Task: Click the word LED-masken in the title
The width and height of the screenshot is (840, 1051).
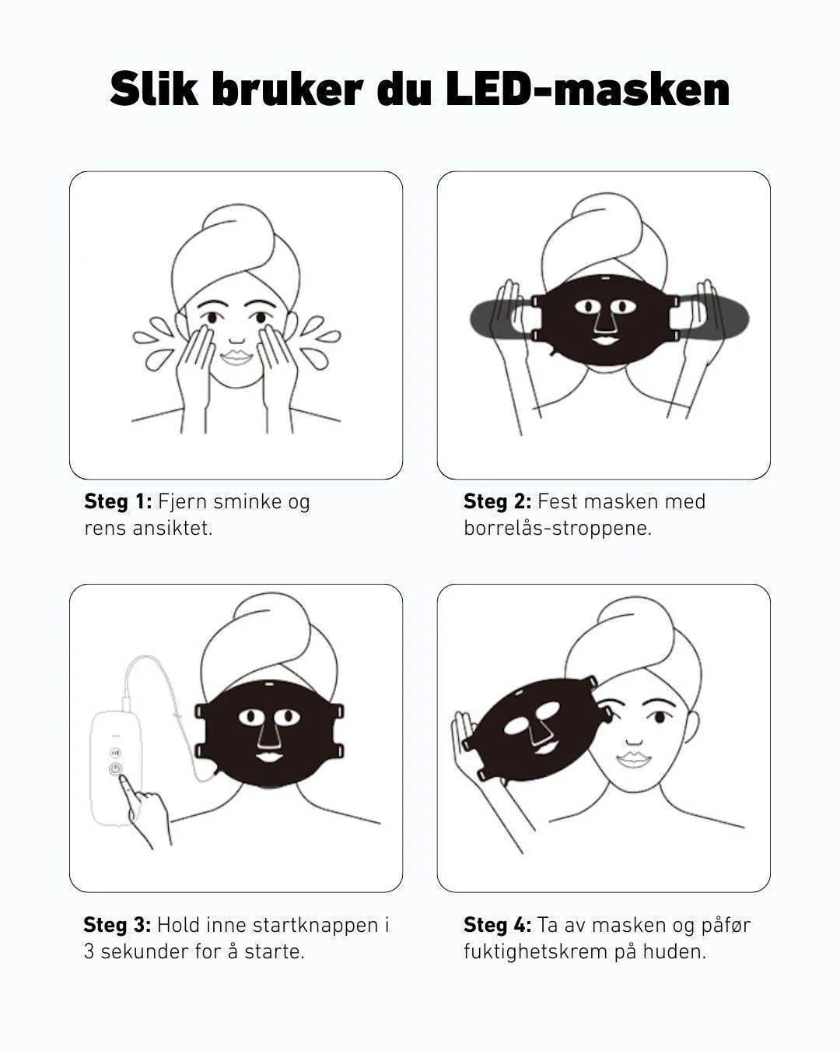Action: point(588,90)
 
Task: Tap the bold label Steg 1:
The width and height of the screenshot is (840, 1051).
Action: point(118,501)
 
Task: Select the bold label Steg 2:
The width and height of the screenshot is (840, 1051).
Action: point(497,501)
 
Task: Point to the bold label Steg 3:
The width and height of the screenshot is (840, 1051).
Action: point(117,925)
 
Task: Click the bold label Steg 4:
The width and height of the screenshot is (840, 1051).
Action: point(497,925)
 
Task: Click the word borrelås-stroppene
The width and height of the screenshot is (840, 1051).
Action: point(558,529)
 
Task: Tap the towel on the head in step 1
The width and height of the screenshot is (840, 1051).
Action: point(236,249)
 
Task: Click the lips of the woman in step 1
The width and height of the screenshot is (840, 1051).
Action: point(236,358)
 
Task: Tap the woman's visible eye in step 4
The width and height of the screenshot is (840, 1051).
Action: point(659,718)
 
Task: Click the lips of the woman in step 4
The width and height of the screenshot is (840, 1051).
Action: point(634,760)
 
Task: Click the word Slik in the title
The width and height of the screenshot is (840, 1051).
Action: point(154,90)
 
